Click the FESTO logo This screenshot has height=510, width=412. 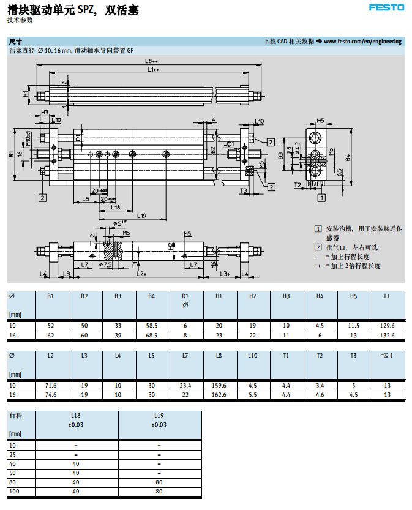tap(386, 7)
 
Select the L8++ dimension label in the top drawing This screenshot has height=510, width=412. tap(151, 61)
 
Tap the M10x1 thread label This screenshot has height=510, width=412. tap(28, 138)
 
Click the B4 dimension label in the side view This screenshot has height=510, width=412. tap(348, 157)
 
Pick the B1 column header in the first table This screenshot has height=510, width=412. tap(51, 296)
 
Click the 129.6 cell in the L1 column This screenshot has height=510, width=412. tap(387, 326)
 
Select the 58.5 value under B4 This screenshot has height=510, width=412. tap(152, 326)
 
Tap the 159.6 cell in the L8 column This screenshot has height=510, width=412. tap(219, 386)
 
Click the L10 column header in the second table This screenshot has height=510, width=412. tap(253, 356)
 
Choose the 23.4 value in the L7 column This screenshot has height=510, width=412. tap(185, 386)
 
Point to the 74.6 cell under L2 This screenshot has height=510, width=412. tap(51, 395)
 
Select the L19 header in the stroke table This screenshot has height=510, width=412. tap(159, 416)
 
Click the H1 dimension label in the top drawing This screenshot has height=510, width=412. tap(26, 94)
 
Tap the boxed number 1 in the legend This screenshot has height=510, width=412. tap(318, 228)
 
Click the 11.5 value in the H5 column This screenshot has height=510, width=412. tap(353, 326)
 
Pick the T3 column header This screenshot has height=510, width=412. tap(353, 356)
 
